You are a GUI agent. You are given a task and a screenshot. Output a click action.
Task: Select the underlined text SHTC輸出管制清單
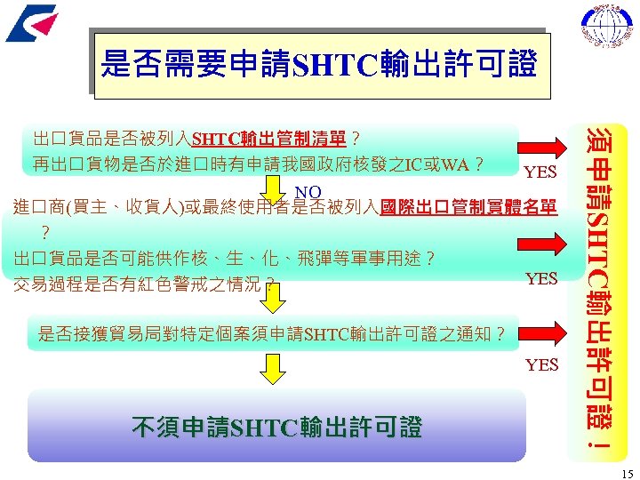pos(271,140)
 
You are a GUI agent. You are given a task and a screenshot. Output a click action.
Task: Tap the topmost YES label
pos(541,172)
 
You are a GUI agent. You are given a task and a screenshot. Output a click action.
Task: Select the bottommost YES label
pos(541,364)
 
